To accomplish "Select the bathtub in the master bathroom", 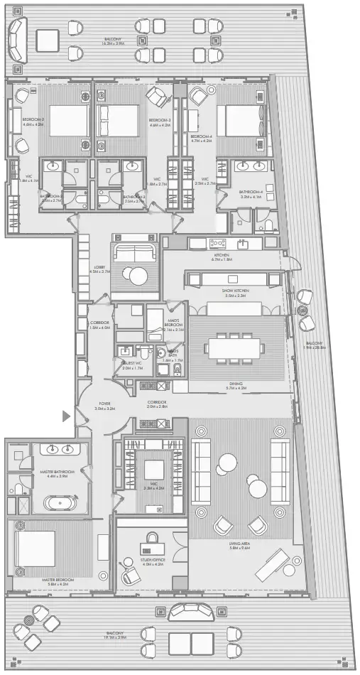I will coord(62,503).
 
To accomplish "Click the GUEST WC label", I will coord(132,365).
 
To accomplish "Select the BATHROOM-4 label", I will coord(251,192).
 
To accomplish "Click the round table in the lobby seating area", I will coord(133,275).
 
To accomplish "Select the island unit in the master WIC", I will coord(154,470).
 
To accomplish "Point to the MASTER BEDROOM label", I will coord(57,580).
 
